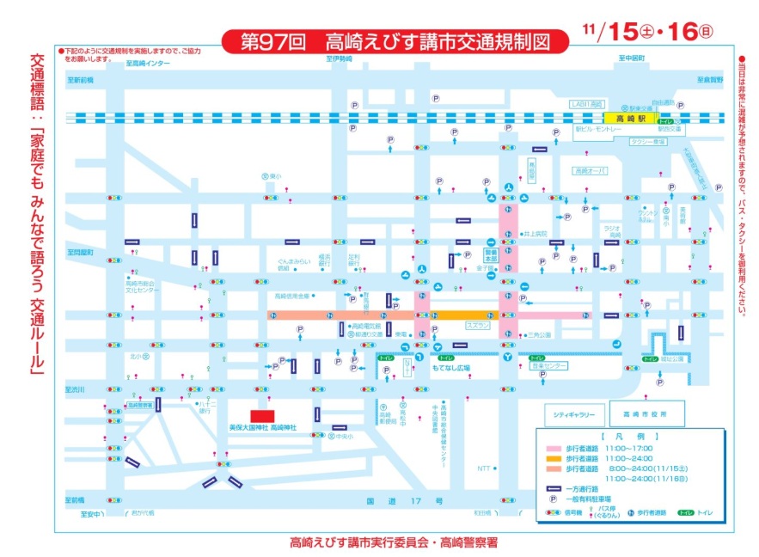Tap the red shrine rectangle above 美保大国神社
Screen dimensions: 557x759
[262, 416]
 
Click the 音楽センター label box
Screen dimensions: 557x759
[549, 366]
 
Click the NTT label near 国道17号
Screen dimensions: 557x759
[485, 468]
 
